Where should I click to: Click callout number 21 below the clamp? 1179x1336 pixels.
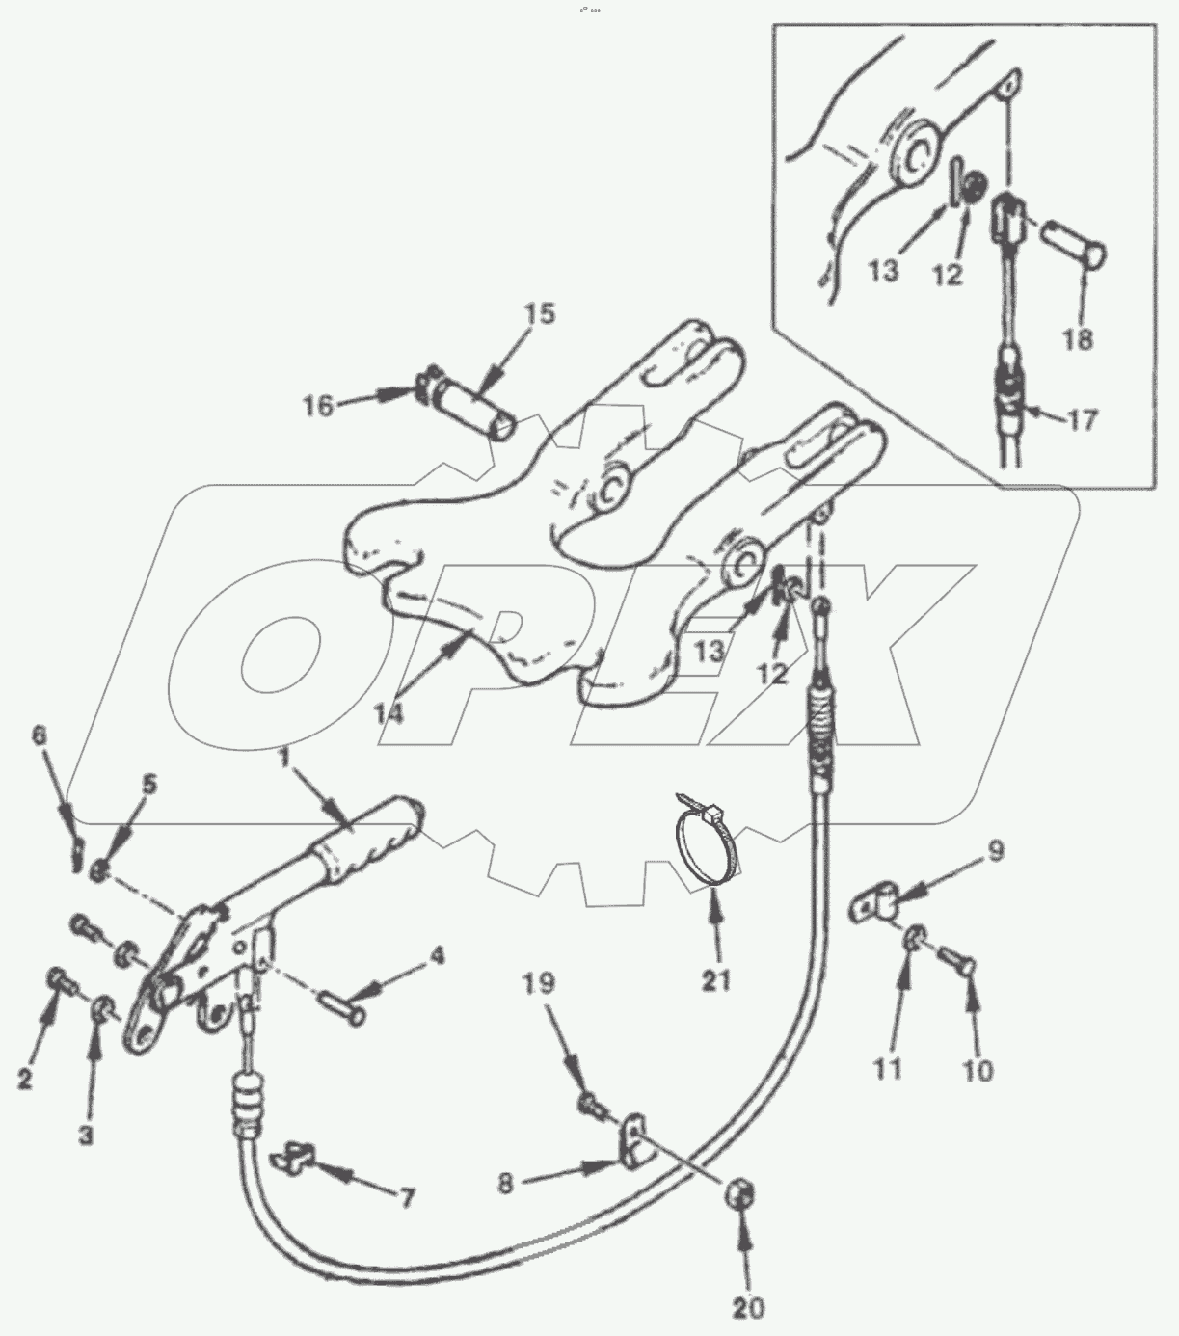716,980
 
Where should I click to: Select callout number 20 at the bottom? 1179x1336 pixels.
748,1307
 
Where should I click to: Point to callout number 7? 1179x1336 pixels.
407,1198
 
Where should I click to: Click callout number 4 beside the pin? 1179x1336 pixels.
437,957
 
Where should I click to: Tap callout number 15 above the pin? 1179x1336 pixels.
541,314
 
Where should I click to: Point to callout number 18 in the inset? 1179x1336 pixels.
1079,339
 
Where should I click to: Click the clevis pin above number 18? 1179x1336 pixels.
1075,249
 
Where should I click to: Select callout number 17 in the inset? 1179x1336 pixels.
1084,420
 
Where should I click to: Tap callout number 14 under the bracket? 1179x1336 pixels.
390,713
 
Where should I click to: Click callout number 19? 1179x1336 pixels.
539,983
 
